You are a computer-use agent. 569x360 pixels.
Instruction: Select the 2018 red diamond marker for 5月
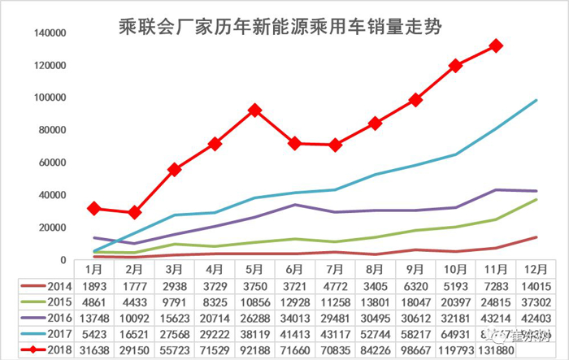255,110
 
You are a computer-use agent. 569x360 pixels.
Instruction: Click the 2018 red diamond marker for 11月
495,46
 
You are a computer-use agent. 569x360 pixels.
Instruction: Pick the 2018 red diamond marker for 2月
136,212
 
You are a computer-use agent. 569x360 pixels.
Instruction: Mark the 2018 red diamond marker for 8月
375,123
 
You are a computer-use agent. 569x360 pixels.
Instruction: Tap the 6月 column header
295,268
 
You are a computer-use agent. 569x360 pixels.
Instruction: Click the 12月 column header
535,268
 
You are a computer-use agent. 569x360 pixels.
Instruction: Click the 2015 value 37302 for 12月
535,301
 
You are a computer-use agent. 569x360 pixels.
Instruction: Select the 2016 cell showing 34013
295,317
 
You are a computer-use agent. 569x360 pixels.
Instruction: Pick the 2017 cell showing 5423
95,333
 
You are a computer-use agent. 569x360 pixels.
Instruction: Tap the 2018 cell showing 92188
255,349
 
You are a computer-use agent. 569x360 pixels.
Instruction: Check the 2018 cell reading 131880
495,349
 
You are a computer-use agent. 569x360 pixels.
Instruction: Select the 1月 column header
95,268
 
